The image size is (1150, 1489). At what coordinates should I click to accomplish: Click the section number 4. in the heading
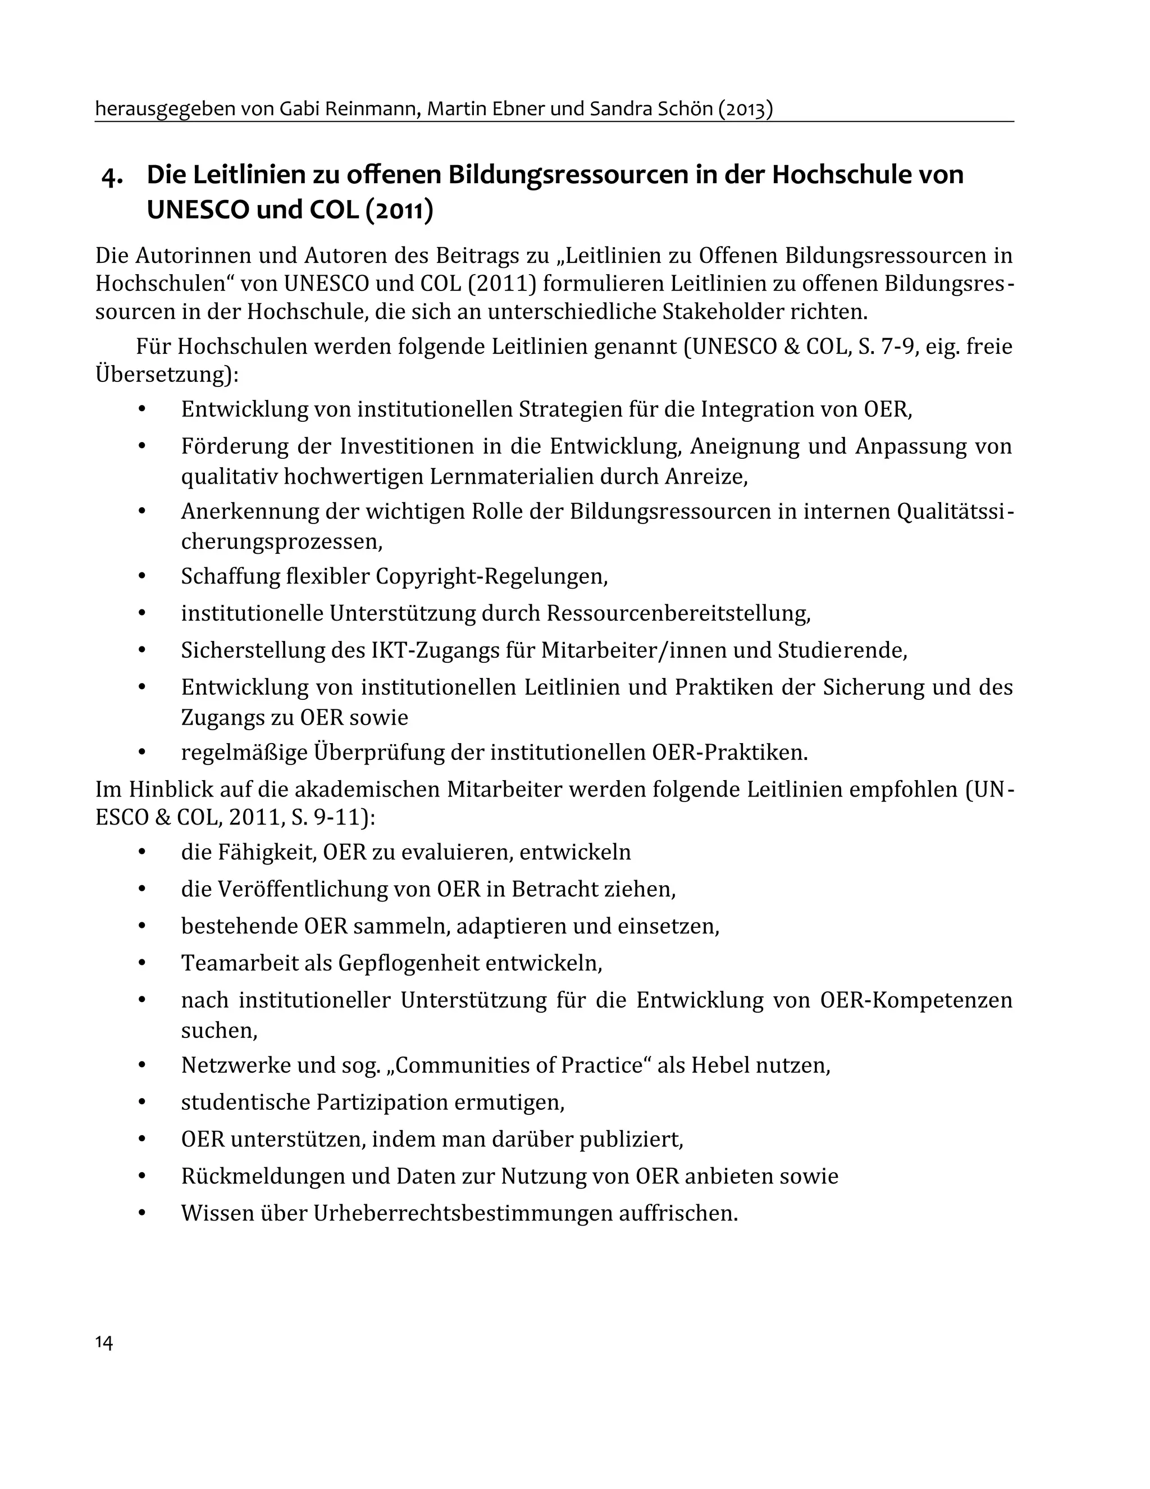[x=112, y=176]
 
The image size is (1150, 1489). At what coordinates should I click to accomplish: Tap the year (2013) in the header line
[x=745, y=108]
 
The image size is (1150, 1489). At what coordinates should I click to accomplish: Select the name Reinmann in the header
[x=368, y=108]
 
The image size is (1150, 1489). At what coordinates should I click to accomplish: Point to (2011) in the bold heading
[x=399, y=210]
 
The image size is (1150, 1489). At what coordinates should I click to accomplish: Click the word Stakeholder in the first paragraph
[x=723, y=312]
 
